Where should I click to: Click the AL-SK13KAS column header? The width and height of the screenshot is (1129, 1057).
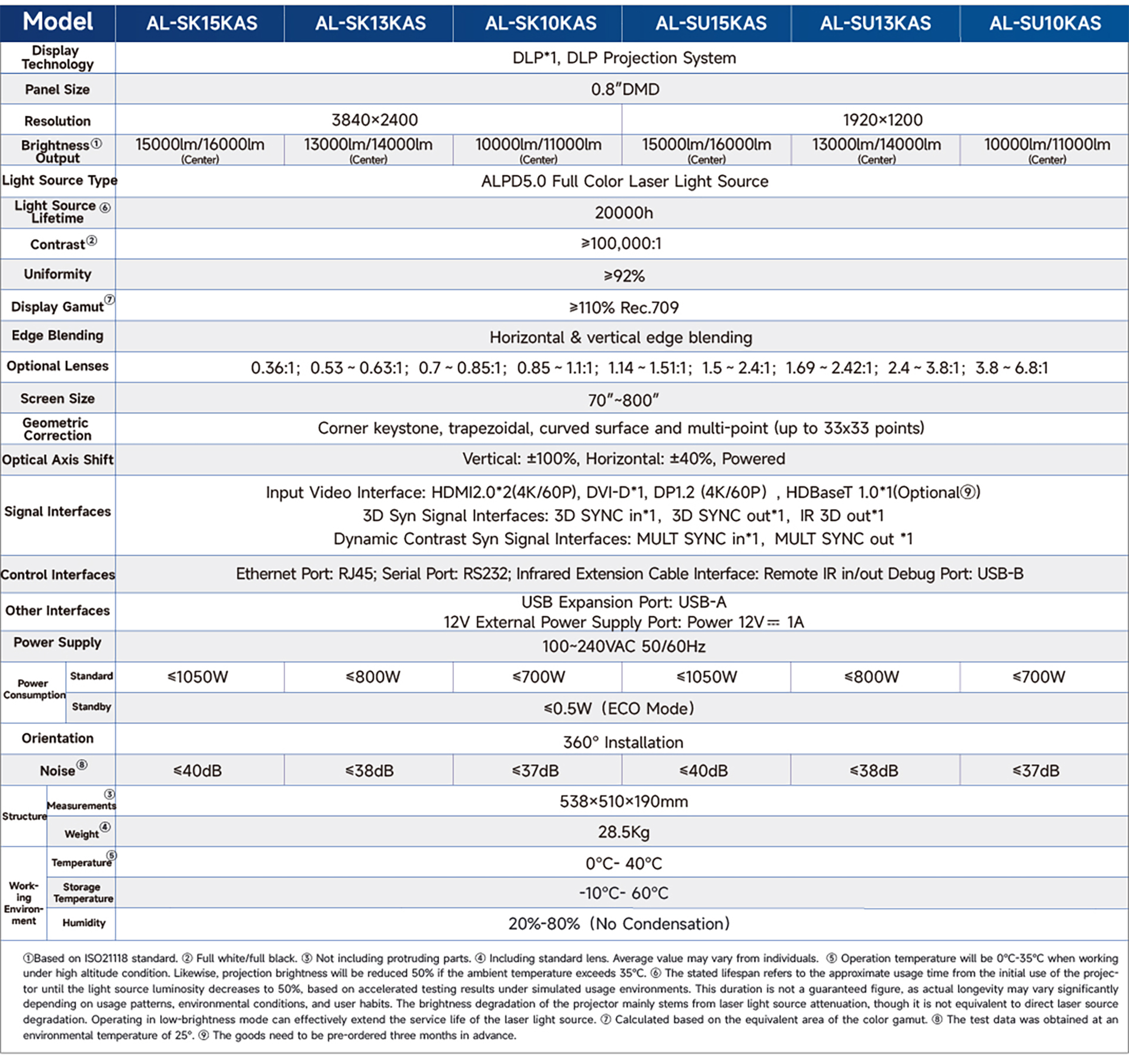point(370,23)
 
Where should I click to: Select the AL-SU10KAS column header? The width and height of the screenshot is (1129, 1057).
point(1044,23)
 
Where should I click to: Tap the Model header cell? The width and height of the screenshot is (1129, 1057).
point(58,22)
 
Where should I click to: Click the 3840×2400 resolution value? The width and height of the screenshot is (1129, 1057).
point(375,120)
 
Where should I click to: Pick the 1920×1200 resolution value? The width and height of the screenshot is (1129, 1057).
point(882,120)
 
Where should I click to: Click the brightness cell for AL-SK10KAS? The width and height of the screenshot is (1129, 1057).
point(538,149)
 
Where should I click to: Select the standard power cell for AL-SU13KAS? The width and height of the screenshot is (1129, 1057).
point(871,677)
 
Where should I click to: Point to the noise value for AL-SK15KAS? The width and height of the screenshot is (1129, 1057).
point(198,771)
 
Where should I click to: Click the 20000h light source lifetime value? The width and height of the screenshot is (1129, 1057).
point(623,213)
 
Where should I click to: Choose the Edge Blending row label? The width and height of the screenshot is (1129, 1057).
point(58,335)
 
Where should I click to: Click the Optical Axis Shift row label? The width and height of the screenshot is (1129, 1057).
point(58,460)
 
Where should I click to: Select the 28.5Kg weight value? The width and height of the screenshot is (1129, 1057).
point(623,832)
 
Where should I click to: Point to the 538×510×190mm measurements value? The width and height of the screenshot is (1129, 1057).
point(623,801)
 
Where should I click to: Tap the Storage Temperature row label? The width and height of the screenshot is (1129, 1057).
point(83,892)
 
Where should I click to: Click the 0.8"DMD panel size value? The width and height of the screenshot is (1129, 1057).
point(624,89)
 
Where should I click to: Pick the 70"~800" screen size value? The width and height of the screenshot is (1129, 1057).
point(623,400)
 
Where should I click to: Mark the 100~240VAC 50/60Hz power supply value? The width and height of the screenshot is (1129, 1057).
point(623,647)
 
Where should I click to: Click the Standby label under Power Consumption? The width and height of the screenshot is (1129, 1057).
point(91,707)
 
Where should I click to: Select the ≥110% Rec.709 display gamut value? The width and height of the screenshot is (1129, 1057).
point(623,307)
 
